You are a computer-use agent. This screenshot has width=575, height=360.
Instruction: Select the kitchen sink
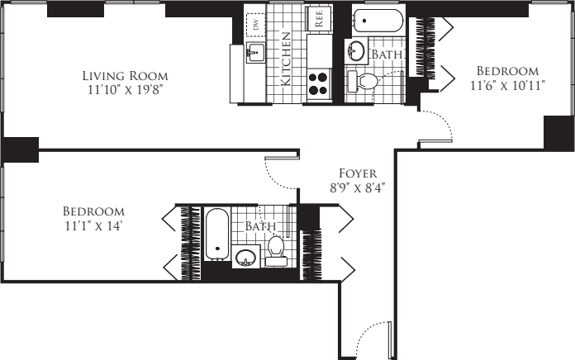254,54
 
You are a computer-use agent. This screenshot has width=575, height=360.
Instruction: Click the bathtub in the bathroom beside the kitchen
376,20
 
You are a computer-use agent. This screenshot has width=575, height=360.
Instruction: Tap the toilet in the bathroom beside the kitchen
364,81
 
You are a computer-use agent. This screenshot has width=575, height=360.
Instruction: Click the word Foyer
358,173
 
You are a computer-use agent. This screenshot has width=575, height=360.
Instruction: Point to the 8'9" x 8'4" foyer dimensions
358,187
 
